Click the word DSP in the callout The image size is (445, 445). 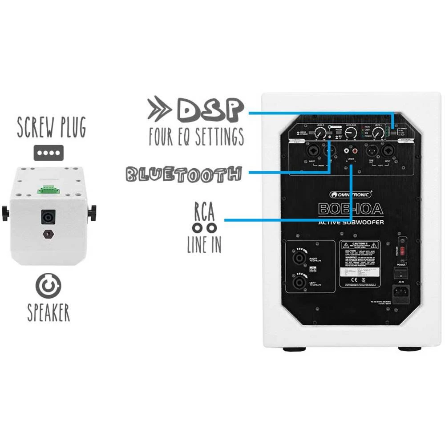(x=210, y=109)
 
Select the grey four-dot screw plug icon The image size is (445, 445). (x=49, y=153)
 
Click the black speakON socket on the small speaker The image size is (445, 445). (x=48, y=217)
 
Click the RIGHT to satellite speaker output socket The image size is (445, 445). (x=299, y=258)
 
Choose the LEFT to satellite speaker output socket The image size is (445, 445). (x=299, y=282)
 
